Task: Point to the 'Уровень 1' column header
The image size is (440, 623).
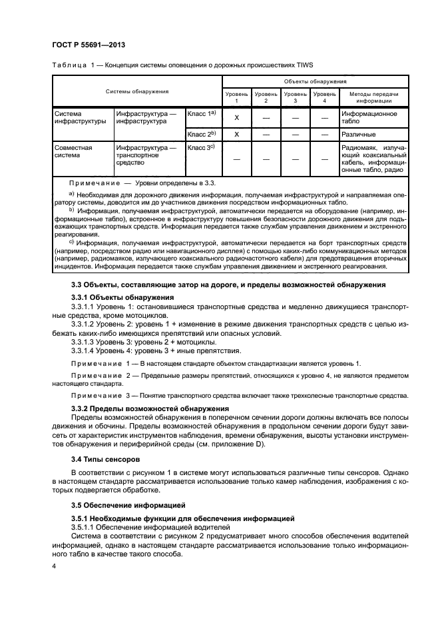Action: (236, 97)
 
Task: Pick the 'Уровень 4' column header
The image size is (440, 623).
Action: (325, 97)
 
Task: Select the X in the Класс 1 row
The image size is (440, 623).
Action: (236, 118)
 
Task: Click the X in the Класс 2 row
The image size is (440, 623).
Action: (236, 134)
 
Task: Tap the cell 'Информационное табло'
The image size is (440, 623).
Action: (369, 118)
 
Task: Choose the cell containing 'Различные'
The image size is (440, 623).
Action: (359, 134)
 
